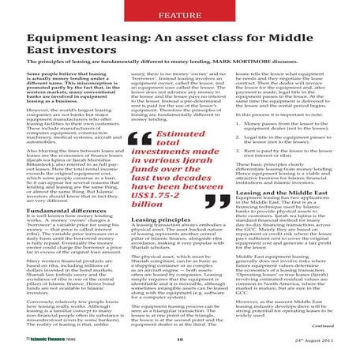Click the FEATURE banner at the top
[x=180, y=14]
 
